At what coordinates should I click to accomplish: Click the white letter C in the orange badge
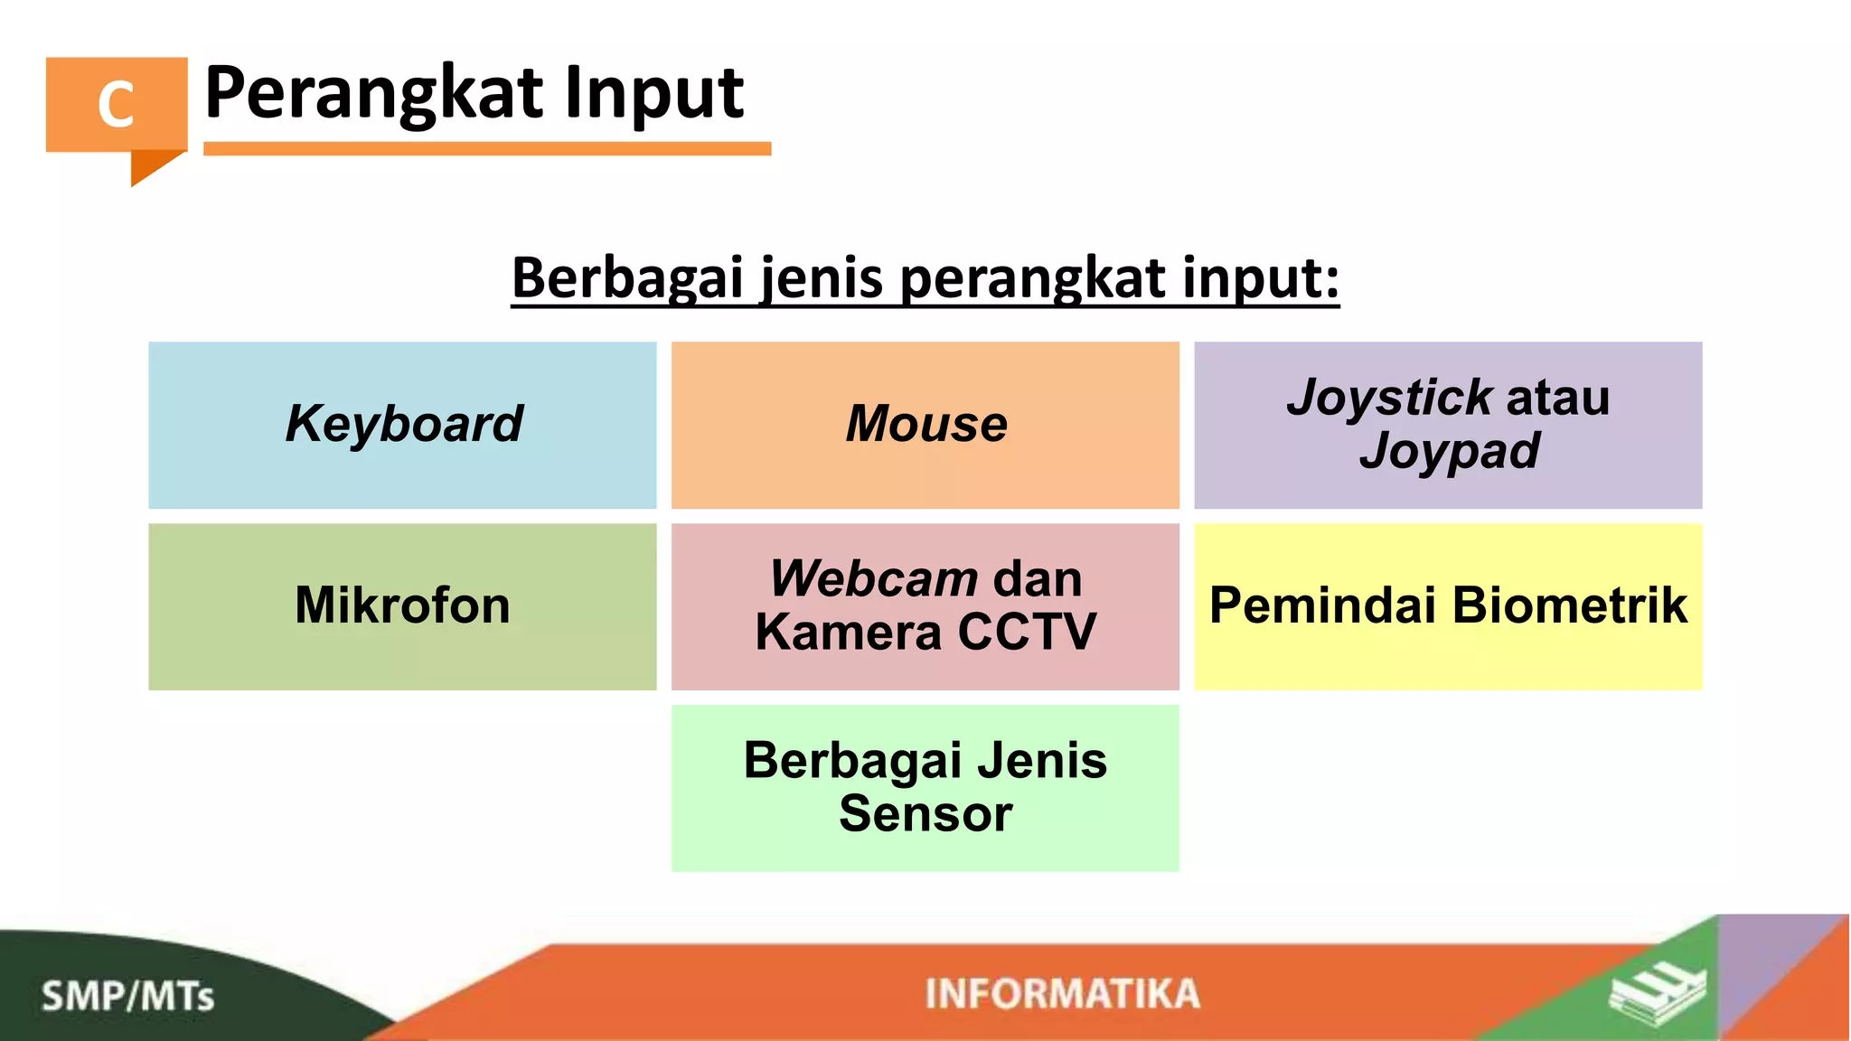pyautogui.click(x=116, y=104)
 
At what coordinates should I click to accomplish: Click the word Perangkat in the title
pyautogui.click(x=372, y=93)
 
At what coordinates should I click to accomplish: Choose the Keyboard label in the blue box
pyautogui.click(x=403, y=424)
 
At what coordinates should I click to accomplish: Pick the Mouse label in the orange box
pyautogui.click(x=925, y=424)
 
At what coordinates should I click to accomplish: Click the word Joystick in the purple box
pyautogui.click(x=1388, y=398)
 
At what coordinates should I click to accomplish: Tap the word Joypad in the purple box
pyautogui.click(x=1449, y=451)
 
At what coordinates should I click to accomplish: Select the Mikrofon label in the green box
pyautogui.click(x=403, y=605)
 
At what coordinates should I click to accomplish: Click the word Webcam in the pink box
pyautogui.click(x=873, y=579)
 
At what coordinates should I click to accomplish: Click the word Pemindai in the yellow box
pyautogui.click(x=1323, y=605)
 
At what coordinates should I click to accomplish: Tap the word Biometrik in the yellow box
pyautogui.click(x=1570, y=605)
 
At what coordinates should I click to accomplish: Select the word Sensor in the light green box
pyautogui.click(x=925, y=814)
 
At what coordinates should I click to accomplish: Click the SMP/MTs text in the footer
pyautogui.click(x=127, y=997)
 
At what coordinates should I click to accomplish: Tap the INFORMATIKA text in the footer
pyautogui.click(x=1062, y=994)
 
